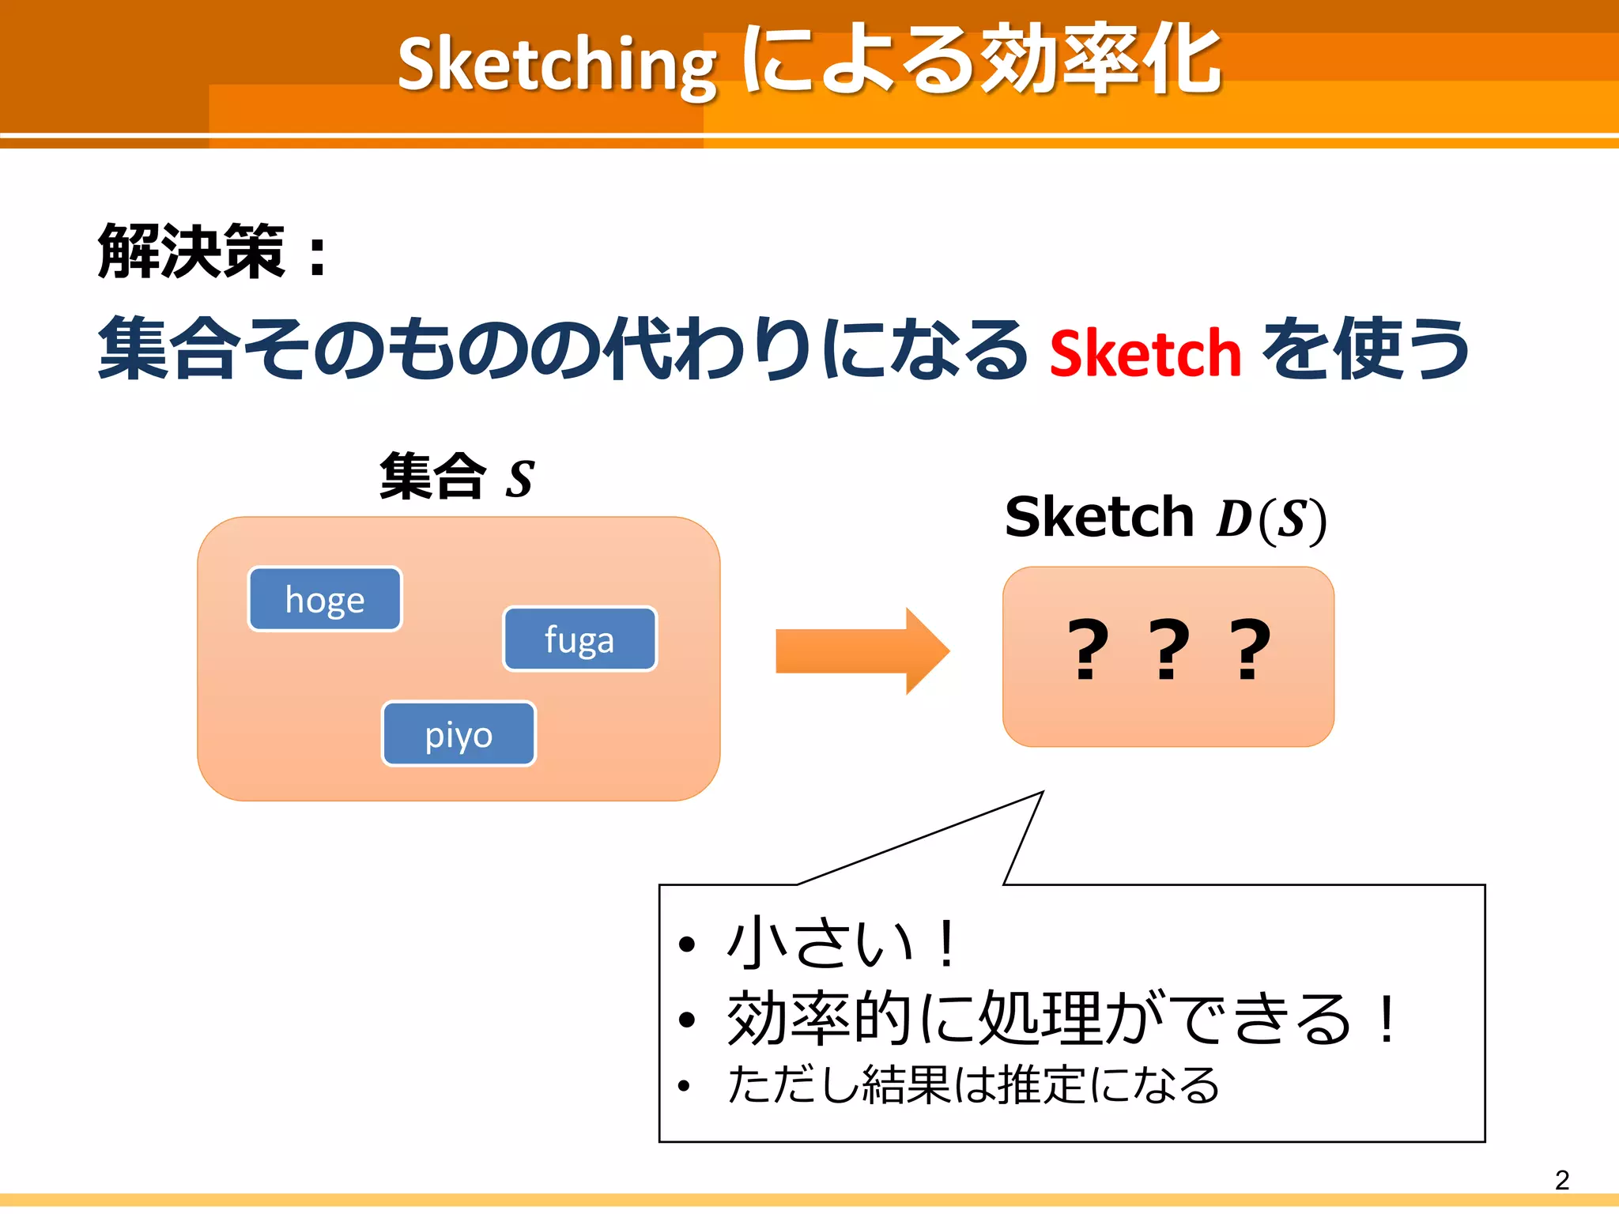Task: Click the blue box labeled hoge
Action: pyautogui.click(x=325, y=599)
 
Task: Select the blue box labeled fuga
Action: pyautogui.click(x=579, y=639)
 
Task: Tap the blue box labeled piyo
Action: pyautogui.click(x=459, y=734)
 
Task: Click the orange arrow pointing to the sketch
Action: pyautogui.click(x=862, y=651)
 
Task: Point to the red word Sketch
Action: pyautogui.click(x=1145, y=353)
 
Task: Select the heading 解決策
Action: pyautogui.click(x=192, y=251)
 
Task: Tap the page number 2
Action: pyautogui.click(x=1561, y=1180)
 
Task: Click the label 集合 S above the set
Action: pyautogui.click(x=457, y=477)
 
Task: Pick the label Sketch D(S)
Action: pyautogui.click(x=1165, y=518)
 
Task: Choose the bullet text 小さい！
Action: pyautogui.click(x=843, y=943)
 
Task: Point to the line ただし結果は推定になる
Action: pyautogui.click(x=973, y=1084)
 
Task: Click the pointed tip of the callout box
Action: pyautogui.click(x=1042, y=793)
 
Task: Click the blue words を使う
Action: pyautogui.click(x=1365, y=349)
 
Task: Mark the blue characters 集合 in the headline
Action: pyautogui.click(x=168, y=349)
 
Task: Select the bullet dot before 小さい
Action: pyautogui.click(x=686, y=944)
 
